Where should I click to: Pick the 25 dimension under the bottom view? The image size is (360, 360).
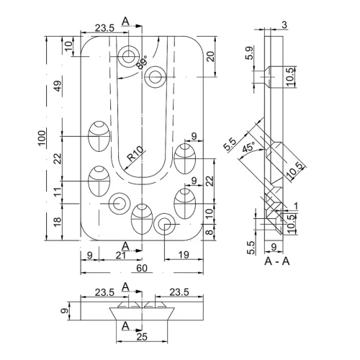pos(142,336)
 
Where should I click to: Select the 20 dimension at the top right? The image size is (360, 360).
pos(210,57)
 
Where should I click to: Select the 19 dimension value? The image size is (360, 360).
pos(182,256)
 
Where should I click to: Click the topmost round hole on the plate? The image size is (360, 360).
pos(130,56)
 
